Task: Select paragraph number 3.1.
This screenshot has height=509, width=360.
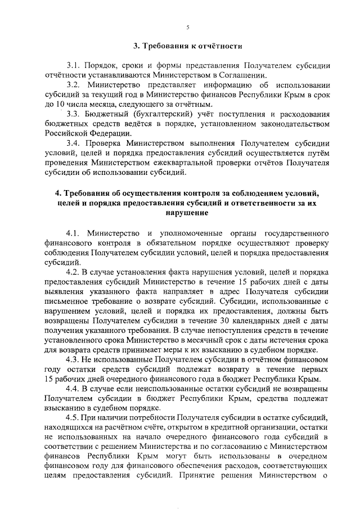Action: pyautogui.click(x=74, y=65)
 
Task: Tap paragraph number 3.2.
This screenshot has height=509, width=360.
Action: pyautogui.click(x=74, y=84)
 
